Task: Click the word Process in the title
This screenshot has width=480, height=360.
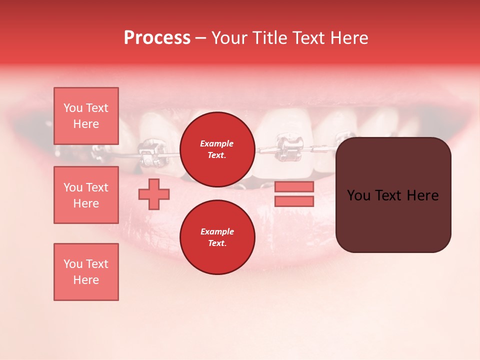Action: click(x=157, y=38)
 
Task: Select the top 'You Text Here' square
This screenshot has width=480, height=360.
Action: click(x=86, y=116)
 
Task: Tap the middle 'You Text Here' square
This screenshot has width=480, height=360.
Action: click(x=86, y=195)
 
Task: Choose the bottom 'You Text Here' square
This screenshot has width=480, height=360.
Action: click(x=86, y=272)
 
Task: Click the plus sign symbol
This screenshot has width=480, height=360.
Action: click(x=154, y=194)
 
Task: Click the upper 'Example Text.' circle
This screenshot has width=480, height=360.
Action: click(x=217, y=149)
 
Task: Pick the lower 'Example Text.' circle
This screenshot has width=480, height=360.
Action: click(x=217, y=237)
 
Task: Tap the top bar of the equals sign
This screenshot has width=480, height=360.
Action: click(x=294, y=187)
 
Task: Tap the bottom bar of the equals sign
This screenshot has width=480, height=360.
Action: click(x=294, y=201)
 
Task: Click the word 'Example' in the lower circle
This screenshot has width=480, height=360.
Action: click(x=217, y=231)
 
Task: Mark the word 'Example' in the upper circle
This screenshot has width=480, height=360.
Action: click(x=217, y=143)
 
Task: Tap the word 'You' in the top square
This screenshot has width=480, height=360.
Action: click(x=73, y=108)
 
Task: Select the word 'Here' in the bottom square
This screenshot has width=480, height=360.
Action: click(x=86, y=280)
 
